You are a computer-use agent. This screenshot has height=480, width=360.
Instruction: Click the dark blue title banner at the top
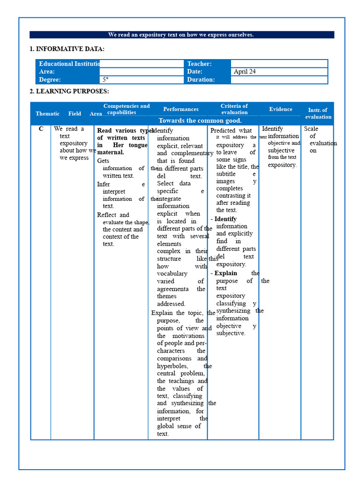click(181, 35)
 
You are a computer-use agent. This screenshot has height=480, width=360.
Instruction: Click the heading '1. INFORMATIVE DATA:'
click(67, 49)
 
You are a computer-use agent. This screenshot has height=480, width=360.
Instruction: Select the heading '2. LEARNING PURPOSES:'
click(69, 91)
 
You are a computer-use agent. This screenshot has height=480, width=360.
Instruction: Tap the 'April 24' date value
click(245, 72)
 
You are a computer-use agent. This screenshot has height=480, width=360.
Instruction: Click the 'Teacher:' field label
click(199, 64)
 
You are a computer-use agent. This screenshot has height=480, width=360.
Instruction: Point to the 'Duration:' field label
click(201, 80)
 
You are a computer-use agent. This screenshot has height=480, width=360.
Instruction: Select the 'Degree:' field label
click(50, 80)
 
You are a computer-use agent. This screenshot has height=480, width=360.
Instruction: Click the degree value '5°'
click(105, 80)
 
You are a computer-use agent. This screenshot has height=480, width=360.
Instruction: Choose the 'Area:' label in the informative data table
click(47, 72)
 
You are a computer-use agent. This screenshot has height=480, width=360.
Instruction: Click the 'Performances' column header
click(181, 109)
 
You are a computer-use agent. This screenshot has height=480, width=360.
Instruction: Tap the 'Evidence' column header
click(280, 109)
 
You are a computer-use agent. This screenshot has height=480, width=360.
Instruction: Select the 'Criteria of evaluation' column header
click(234, 109)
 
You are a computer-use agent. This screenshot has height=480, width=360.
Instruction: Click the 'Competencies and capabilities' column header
click(127, 109)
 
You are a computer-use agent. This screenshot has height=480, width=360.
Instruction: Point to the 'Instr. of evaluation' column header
click(318, 113)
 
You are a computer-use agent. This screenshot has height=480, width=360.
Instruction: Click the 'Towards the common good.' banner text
click(200, 121)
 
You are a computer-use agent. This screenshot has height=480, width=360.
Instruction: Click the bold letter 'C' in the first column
click(41, 129)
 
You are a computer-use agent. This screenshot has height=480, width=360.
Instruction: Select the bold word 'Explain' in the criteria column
click(225, 273)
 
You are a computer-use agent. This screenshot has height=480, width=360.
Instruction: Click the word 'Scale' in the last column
click(311, 129)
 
